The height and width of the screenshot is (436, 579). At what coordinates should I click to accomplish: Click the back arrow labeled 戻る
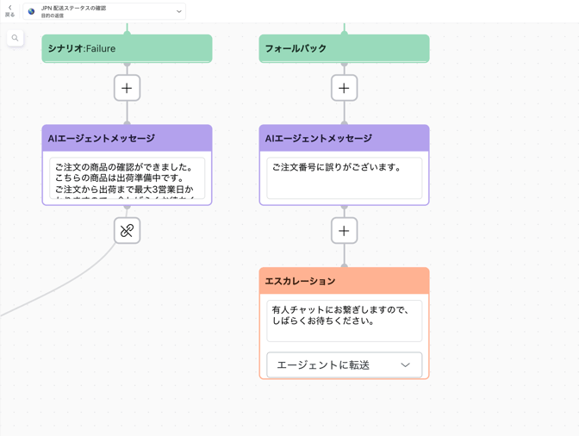pos(9,10)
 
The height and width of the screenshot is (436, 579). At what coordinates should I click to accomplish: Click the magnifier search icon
pos(15,38)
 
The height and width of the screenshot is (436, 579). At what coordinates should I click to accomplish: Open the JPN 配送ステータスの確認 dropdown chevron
pos(179,11)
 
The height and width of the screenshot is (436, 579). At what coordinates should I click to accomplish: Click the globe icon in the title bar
pos(32,11)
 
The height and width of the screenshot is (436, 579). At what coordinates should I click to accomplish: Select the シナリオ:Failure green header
pos(127,48)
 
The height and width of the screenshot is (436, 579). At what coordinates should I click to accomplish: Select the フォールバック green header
pos(344,48)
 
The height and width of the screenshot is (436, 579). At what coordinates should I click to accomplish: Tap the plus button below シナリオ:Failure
pos(127,88)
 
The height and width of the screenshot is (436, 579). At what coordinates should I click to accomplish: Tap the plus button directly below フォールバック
pos(344,88)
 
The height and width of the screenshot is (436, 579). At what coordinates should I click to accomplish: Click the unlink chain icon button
pos(127,231)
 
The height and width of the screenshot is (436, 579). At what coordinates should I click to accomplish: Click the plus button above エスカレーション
pos(344,231)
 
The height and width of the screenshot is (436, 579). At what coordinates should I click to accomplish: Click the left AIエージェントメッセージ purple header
pos(127,138)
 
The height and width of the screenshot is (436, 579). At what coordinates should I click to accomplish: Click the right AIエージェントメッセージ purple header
pos(344,138)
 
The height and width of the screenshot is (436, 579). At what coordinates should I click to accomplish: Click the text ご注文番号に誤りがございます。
pos(337,167)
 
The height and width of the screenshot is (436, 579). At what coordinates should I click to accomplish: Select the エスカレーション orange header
pos(344,281)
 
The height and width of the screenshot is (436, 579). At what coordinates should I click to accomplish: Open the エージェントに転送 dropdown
pos(336,364)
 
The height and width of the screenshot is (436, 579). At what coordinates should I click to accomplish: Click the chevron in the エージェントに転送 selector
pos(405,365)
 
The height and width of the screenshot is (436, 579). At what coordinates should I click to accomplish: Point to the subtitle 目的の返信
pos(53,16)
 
